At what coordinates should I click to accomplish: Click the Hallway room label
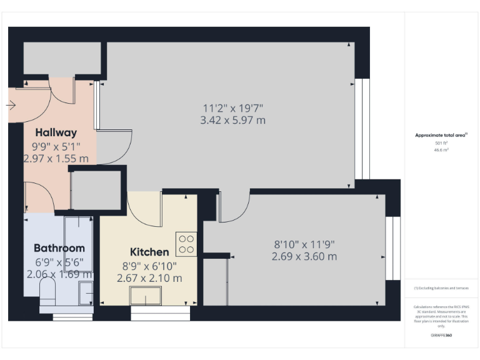click(x=56, y=132)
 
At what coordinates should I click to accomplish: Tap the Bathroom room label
click(x=59, y=247)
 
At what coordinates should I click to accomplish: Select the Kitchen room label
click(x=149, y=252)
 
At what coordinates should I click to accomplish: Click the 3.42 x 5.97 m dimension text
click(x=232, y=120)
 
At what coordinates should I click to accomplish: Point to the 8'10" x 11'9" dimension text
click(x=304, y=244)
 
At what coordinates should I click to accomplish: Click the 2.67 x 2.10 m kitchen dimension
click(x=149, y=278)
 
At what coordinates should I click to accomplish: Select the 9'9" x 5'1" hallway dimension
click(x=56, y=147)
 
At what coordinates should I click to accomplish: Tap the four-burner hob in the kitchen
click(x=186, y=244)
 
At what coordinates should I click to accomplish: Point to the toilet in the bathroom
click(x=47, y=291)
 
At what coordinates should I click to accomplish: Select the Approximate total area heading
click(x=441, y=135)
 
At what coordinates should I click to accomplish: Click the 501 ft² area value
click(x=441, y=143)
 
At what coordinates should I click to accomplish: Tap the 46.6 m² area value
click(x=441, y=150)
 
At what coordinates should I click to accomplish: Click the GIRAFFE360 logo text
click(x=441, y=336)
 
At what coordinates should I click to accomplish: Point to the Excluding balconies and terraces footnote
click(x=441, y=288)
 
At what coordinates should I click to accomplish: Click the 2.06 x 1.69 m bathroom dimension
click(x=59, y=274)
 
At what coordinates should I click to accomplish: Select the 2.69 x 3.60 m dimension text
click(x=304, y=256)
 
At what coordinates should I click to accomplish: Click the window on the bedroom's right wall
click(x=392, y=248)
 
